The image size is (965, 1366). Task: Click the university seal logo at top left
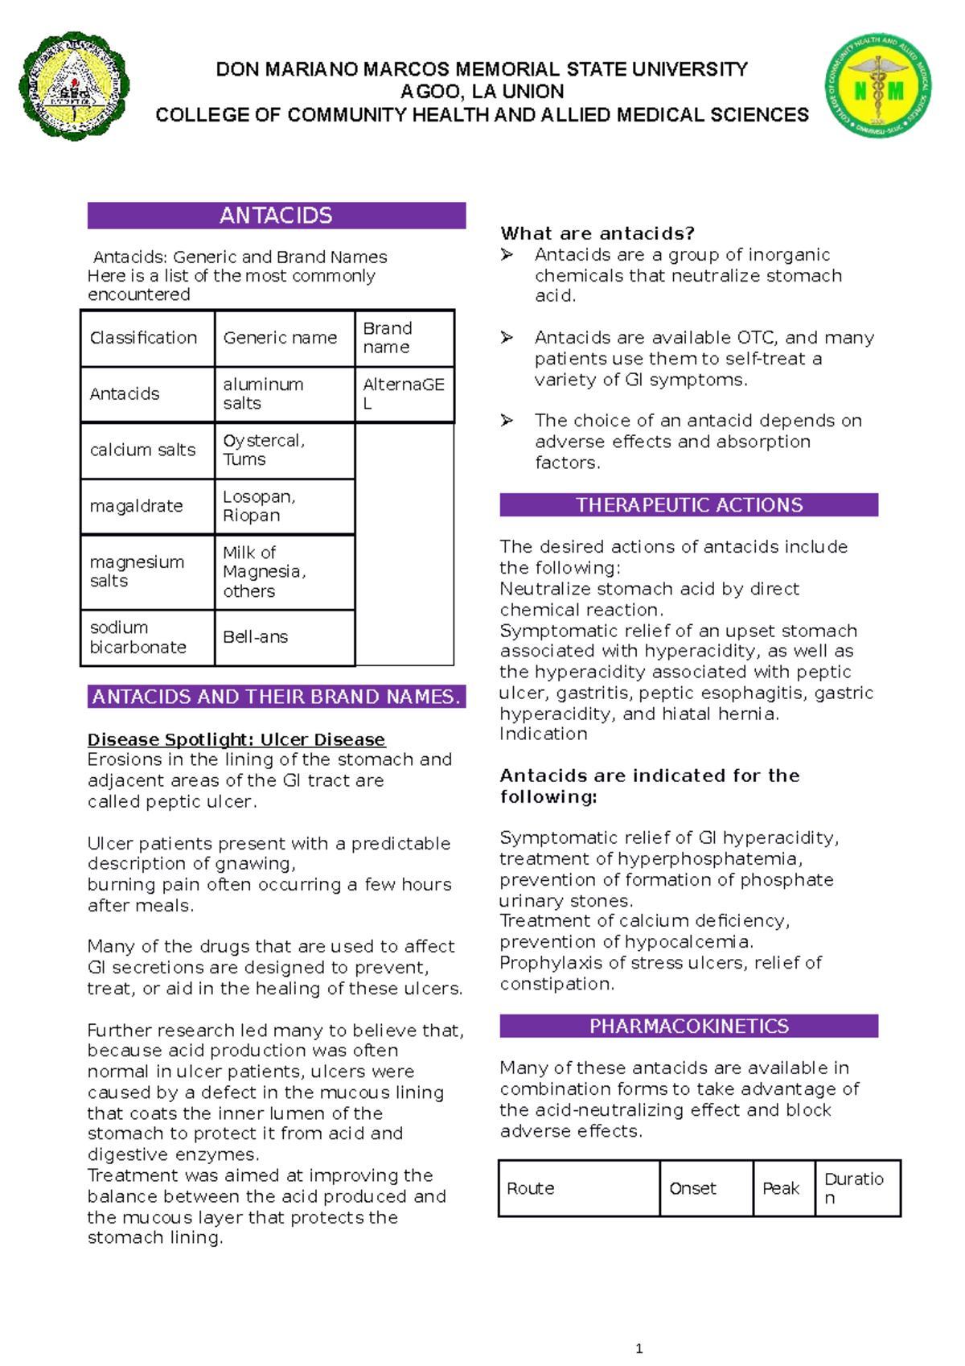point(74,87)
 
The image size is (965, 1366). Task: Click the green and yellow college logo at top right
point(878,85)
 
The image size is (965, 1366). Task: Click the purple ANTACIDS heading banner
point(276,216)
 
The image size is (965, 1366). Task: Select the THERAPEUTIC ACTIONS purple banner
point(688,505)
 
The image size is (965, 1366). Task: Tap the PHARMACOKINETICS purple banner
point(688,1027)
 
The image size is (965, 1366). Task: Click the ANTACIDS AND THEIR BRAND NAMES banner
point(276,697)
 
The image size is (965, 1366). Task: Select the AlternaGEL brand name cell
point(404,394)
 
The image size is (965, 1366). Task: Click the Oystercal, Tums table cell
point(284,451)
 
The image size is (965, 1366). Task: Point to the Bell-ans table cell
point(284,637)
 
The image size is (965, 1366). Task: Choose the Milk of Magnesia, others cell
point(284,572)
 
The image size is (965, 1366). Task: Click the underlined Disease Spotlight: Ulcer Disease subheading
point(236,739)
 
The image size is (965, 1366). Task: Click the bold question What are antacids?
point(597,233)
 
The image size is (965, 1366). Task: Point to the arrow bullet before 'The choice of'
point(507,421)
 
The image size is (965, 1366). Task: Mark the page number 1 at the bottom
point(639,1349)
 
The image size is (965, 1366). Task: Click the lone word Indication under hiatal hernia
point(544,734)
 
